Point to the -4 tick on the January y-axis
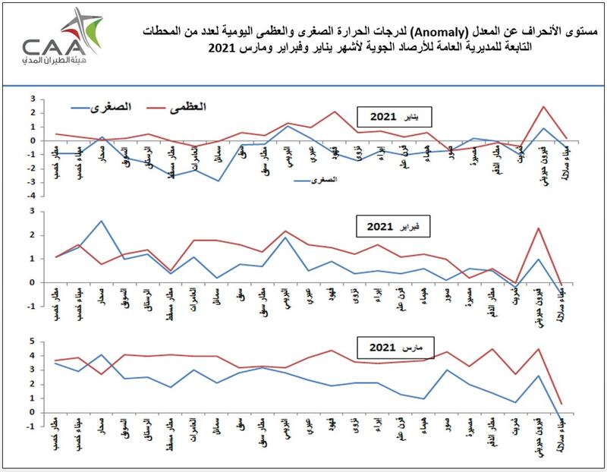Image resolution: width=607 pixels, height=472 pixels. tap(32, 195)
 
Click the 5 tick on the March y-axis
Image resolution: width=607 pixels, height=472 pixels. tap(33, 341)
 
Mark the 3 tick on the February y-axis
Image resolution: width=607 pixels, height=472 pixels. tap(33, 212)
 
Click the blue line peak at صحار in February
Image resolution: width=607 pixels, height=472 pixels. tap(102, 221)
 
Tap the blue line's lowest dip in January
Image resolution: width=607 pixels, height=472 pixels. tap(219, 181)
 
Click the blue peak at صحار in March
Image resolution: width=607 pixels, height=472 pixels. tap(102, 354)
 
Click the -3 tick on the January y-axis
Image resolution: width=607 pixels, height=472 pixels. tap(32, 181)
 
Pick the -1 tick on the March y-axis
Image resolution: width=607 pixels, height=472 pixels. tap(32, 426)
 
